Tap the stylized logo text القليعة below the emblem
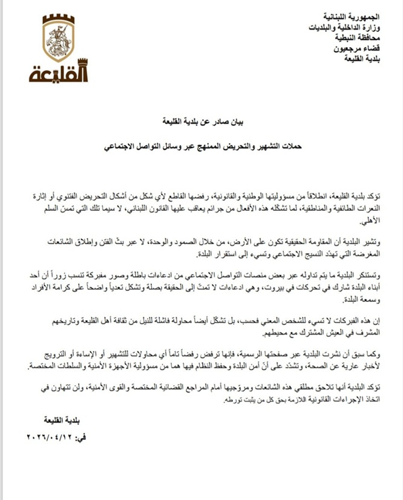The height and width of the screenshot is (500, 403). tap(59, 73)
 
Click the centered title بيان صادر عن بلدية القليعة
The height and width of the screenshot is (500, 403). tap(202, 121)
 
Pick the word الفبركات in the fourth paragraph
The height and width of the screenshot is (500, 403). tap(341, 321)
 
